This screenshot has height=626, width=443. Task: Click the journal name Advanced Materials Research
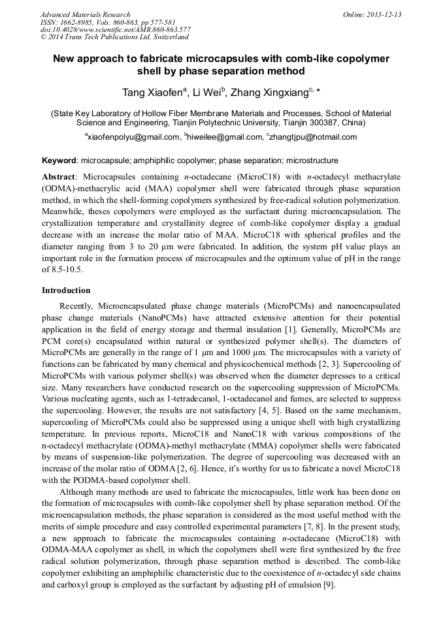[x=85, y=14]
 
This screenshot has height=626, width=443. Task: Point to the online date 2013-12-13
[x=385, y=14]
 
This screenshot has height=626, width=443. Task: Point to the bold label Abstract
[x=59, y=177]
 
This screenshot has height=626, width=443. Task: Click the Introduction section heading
[x=66, y=290]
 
